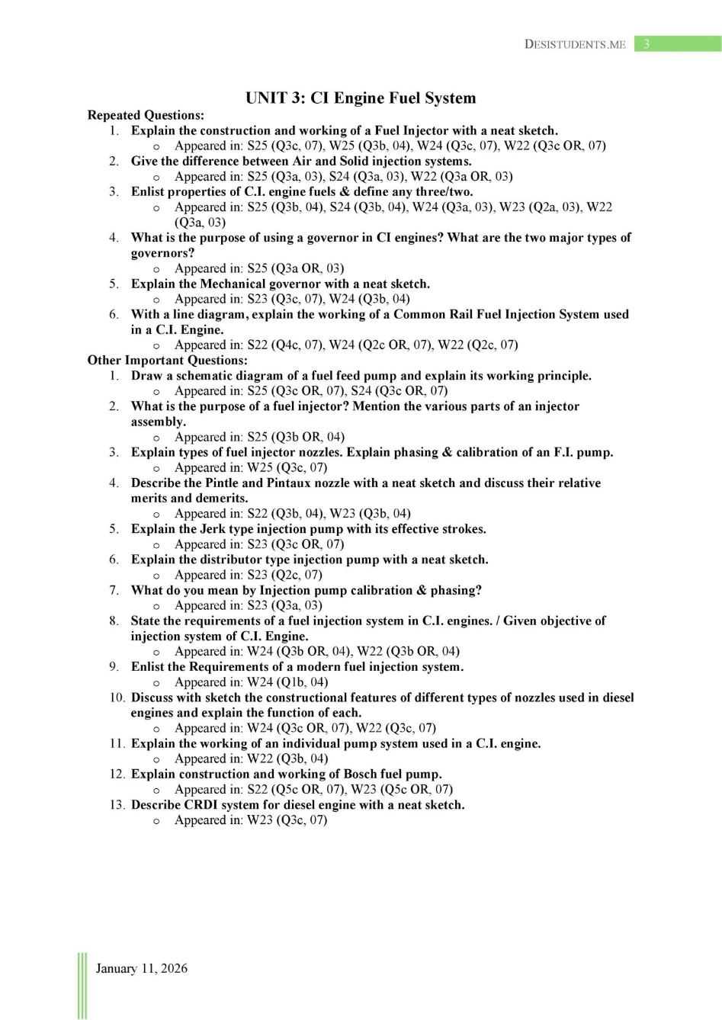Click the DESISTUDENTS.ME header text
click(575, 44)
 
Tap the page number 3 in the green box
click(647, 44)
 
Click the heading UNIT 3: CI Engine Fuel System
click(361, 98)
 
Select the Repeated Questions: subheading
click(146, 115)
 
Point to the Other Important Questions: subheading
click(167, 360)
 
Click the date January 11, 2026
click(141, 968)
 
